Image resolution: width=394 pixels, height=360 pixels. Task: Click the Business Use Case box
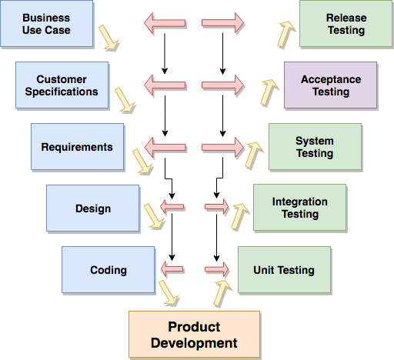pyautogui.click(x=46, y=24)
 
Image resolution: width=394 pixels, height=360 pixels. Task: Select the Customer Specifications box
pyautogui.click(x=62, y=85)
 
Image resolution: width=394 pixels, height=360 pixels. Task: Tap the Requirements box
pyautogui.click(x=77, y=147)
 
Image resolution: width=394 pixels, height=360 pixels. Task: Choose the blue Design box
pyautogui.click(x=92, y=208)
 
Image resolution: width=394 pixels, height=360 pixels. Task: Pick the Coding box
pyautogui.click(x=108, y=270)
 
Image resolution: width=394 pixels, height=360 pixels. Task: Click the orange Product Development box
pyautogui.click(x=194, y=335)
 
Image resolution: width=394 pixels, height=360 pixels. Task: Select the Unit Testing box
pyautogui.click(x=284, y=270)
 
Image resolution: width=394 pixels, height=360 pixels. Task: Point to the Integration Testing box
pyautogui.click(x=299, y=208)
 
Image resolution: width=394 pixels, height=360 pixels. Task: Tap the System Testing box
pyautogui.click(x=315, y=147)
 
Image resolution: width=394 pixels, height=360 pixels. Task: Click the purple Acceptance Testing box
pyautogui.click(x=330, y=85)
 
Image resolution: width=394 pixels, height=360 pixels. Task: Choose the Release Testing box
pyautogui.click(x=346, y=24)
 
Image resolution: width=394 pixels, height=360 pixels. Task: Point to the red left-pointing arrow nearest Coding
pyautogui.click(x=172, y=268)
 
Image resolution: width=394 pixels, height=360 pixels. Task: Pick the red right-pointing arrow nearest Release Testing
pyautogui.click(x=223, y=23)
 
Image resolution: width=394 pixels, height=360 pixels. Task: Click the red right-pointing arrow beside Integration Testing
pyautogui.click(x=217, y=206)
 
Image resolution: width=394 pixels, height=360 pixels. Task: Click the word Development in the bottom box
pyautogui.click(x=194, y=343)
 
